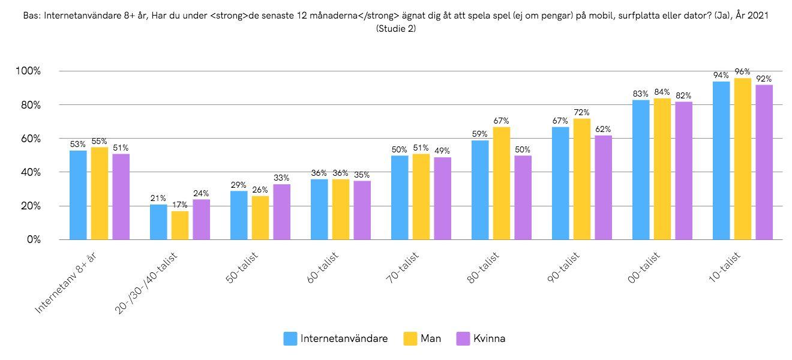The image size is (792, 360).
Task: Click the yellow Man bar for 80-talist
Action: [501, 183]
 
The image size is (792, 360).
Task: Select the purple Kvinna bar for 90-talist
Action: [603, 187]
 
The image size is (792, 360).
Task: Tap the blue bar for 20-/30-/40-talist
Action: [158, 221]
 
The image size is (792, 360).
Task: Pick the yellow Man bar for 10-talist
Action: [743, 158]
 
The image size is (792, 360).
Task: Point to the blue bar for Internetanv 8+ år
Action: [78, 194]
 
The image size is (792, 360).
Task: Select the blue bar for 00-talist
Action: [641, 169]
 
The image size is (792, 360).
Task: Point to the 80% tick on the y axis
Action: [28, 105]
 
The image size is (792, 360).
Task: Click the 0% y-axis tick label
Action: [31, 239]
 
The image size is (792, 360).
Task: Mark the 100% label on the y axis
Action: [27, 71]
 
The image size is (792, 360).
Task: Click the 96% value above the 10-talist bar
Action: [743, 71]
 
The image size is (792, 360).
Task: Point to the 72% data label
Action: [581, 112]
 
